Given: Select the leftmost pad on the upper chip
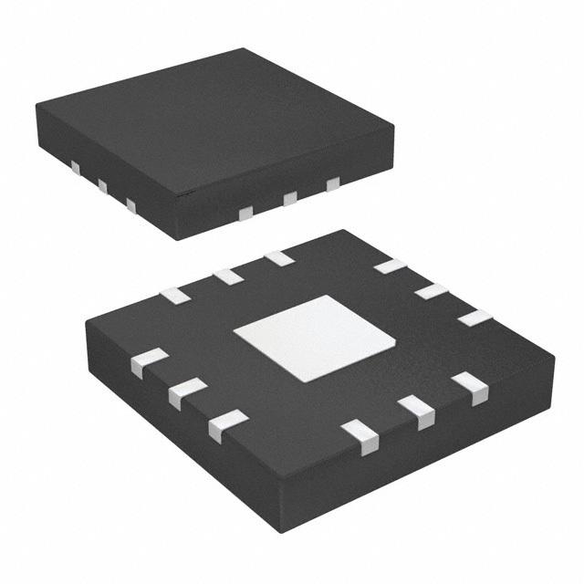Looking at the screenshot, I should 76,168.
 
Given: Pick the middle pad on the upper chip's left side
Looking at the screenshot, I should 102,187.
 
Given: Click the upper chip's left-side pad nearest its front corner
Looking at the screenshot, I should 131,206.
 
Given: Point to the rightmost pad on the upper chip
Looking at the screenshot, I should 333,184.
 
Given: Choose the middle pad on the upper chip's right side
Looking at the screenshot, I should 290,199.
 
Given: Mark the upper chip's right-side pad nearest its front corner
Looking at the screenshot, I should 245,214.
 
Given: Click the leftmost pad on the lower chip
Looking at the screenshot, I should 149,362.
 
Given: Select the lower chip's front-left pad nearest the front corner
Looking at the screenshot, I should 227,425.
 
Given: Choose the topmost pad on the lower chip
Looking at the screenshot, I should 279,258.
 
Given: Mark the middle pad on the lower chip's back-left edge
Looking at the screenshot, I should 227,276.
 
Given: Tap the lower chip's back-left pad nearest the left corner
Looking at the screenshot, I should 174,295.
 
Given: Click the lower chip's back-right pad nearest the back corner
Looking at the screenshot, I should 391,266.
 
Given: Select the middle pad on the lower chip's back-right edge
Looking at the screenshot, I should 432,291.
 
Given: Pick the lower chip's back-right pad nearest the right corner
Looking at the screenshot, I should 474,318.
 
